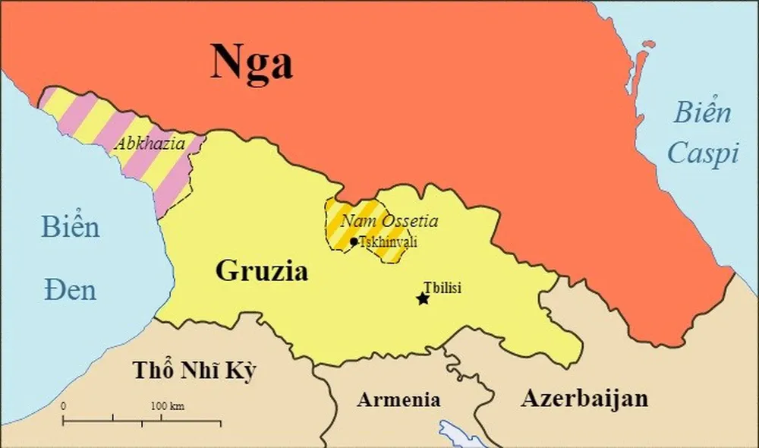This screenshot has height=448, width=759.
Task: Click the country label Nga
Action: [251, 62]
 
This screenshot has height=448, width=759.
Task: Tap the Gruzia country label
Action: [262, 271]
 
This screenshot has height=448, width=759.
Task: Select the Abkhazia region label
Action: [150, 144]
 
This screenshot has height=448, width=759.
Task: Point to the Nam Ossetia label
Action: [389, 222]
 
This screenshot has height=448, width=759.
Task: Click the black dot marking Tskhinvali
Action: [354, 241]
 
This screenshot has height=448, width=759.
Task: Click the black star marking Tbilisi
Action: [423, 299]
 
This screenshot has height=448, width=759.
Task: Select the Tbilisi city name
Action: [442, 287]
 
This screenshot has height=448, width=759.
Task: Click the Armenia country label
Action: [398, 399]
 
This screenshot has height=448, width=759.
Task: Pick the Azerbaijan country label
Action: [584, 398]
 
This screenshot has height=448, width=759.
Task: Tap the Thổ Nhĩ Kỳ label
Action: [194, 371]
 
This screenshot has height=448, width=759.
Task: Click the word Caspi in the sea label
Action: [703, 154]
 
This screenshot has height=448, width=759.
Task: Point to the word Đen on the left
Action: [69, 289]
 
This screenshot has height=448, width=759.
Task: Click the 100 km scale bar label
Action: [167, 406]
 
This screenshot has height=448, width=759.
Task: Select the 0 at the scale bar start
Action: [63, 406]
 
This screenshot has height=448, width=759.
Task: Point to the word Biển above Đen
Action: [70, 226]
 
